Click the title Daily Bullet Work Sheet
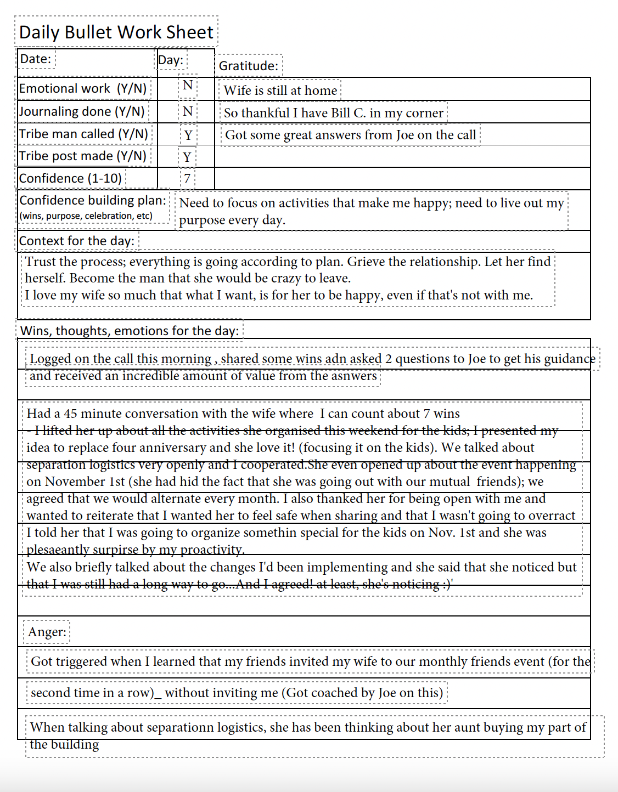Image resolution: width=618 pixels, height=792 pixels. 116,32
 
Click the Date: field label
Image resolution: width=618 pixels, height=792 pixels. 36,59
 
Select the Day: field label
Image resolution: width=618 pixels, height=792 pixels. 171,60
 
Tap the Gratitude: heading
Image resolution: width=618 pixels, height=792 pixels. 249,66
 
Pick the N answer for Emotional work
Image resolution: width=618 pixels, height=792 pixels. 188,86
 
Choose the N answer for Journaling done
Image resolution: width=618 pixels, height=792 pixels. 188,112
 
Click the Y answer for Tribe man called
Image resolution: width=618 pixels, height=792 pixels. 188,135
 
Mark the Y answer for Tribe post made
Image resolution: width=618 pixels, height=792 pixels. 187,157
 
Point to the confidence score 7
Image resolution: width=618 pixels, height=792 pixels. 187,178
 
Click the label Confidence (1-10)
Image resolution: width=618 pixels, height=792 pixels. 70,178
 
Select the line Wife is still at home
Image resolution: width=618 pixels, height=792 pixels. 280,90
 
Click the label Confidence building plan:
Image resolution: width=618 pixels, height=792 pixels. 93,200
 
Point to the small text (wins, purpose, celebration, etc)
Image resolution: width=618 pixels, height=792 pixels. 86,216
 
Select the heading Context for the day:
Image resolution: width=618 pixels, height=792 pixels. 77,241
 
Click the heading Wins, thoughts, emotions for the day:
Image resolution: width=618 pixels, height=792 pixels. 130,331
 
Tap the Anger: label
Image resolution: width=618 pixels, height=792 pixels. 47,632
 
